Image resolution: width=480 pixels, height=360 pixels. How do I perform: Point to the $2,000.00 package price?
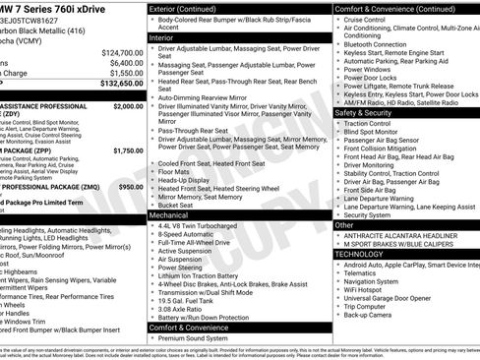(128, 105)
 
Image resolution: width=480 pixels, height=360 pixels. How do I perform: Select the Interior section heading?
(161, 36)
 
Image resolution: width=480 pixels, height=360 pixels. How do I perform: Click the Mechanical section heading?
(169, 213)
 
